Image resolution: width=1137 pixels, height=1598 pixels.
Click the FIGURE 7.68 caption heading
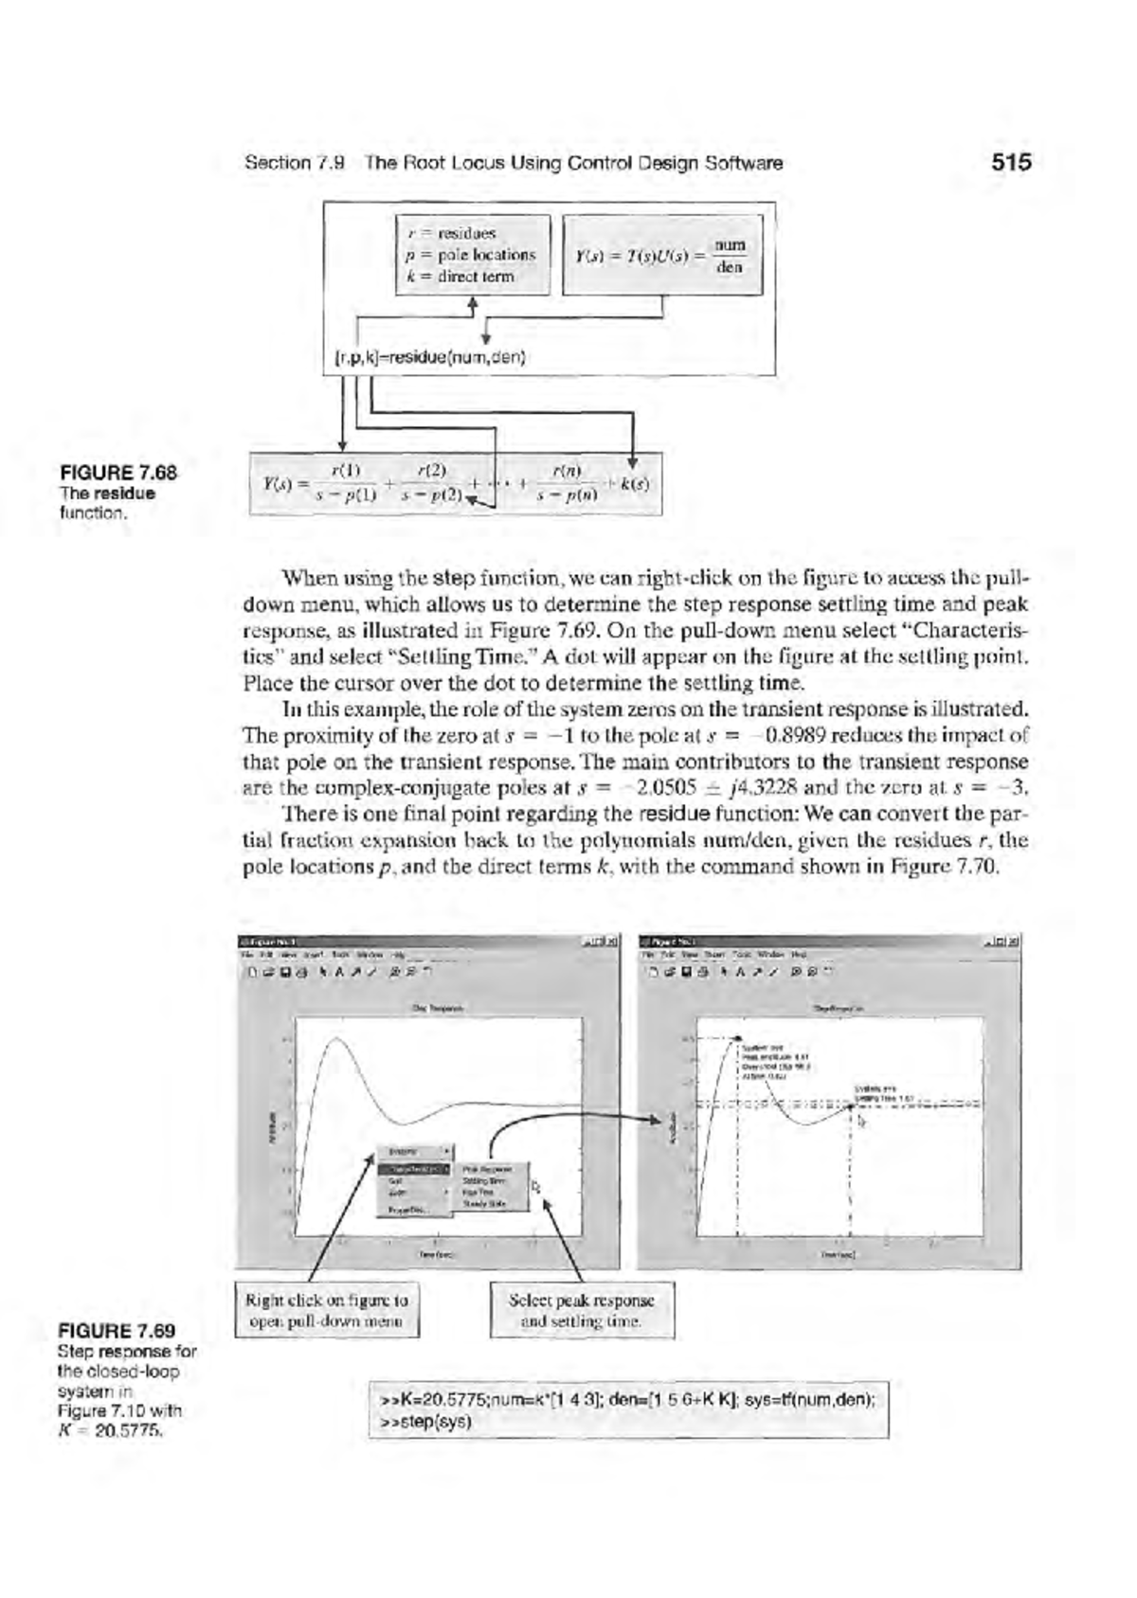pyautogui.click(x=119, y=473)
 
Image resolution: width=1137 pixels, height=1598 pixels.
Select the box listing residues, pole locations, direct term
pyautogui.click(x=472, y=255)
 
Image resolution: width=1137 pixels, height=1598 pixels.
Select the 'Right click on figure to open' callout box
pyautogui.click(x=327, y=1310)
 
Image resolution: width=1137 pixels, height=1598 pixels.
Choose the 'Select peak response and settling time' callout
pyautogui.click(x=582, y=1310)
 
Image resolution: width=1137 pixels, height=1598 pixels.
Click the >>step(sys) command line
pyautogui.click(x=426, y=1422)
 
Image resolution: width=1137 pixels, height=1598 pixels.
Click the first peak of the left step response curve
pyautogui.click(x=334, y=1039)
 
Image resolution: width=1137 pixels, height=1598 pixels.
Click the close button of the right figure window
pyautogui.click(x=1015, y=942)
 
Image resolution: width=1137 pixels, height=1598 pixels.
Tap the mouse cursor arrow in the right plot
pyautogui.click(x=860, y=1122)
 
